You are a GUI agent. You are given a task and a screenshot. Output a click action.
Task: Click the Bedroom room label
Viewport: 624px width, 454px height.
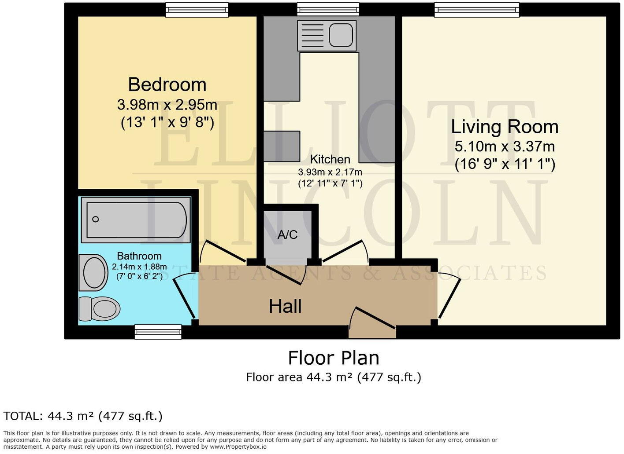coord(167,84)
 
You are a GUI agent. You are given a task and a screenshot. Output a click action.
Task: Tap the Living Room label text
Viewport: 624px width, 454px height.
coord(505,127)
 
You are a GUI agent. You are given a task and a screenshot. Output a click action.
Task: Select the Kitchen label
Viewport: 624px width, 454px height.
coord(330,159)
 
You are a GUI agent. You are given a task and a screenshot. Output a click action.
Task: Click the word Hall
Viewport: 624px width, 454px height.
coord(285,306)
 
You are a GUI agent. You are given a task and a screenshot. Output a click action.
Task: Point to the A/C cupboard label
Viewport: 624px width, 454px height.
coord(287,235)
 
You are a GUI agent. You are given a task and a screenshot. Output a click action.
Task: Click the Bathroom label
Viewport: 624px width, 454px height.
coord(139,256)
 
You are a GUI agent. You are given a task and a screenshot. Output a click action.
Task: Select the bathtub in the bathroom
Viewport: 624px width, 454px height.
coord(137,220)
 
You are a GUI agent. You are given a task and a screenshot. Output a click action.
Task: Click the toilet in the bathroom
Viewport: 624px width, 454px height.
coord(100,308)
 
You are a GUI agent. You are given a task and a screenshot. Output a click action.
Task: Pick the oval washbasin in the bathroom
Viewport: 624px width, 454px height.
coord(94,273)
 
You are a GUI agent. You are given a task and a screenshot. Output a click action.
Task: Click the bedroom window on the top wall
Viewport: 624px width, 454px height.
coord(197,10)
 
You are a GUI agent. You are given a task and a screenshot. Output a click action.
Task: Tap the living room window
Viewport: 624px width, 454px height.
coord(476,10)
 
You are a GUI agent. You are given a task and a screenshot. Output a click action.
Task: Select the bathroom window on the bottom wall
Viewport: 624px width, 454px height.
coord(158,332)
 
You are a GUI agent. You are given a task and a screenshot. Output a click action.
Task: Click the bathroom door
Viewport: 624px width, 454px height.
coord(184,298)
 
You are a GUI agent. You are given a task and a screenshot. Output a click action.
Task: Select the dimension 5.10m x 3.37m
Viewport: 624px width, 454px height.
coord(505,146)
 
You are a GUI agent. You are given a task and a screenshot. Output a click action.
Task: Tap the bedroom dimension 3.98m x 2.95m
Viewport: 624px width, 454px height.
coord(167,105)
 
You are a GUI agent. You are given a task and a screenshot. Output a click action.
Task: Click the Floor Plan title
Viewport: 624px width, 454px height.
coord(334,358)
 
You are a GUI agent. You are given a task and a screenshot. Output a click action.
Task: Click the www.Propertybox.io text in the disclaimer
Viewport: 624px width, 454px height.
coord(238,447)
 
